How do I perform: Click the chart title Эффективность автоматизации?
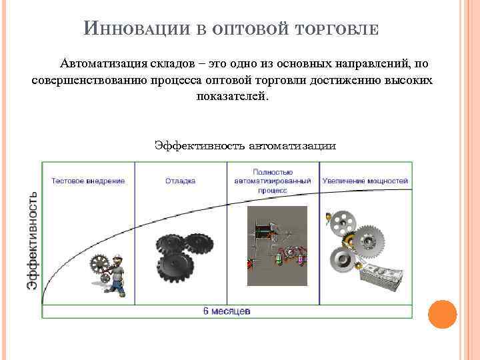(x=245, y=145)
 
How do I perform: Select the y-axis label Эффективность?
(x=32, y=241)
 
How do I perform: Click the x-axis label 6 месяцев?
(x=227, y=311)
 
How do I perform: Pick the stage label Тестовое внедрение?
(x=88, y=181)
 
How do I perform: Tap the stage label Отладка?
(x=180, y=181)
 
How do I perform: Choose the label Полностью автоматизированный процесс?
(x=273, y=181)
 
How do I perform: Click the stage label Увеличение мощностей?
(x=365, y=181)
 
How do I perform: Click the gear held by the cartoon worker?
(x=100, y=265)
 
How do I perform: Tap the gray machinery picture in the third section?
(x=277, y=245)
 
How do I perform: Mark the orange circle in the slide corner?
(x=441, y=314)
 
